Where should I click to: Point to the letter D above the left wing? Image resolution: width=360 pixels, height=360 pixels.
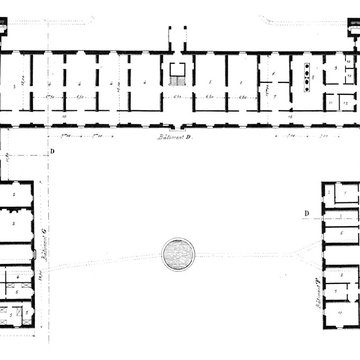click(x=51, y=153)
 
